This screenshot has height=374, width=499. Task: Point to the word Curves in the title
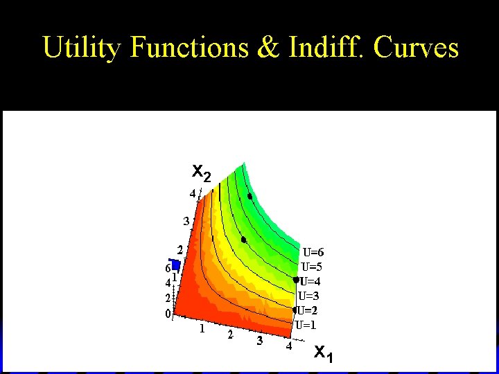[416, 48]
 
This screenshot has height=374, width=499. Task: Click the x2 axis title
[201, 172]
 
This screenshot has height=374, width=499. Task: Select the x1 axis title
[323, 353]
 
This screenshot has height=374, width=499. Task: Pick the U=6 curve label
[313, 252]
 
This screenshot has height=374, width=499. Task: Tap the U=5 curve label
[312, 267]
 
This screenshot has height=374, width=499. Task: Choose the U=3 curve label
[309, 296]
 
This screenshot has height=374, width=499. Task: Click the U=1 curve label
[306, 325]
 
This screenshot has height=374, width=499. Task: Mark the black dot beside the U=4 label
[296, 280]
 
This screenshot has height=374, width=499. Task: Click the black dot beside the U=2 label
[295, 310]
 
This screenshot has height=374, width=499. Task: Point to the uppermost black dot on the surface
[249, 196]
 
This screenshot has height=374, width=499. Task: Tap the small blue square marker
[176, 265]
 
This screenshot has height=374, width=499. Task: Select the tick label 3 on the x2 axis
[186, 222]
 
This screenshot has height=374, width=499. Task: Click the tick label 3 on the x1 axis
[260, 341]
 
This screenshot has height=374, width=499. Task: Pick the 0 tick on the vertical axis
[168, 314]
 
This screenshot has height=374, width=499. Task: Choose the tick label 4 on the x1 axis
[288, 346]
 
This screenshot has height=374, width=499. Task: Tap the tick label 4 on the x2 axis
[193, 195]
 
